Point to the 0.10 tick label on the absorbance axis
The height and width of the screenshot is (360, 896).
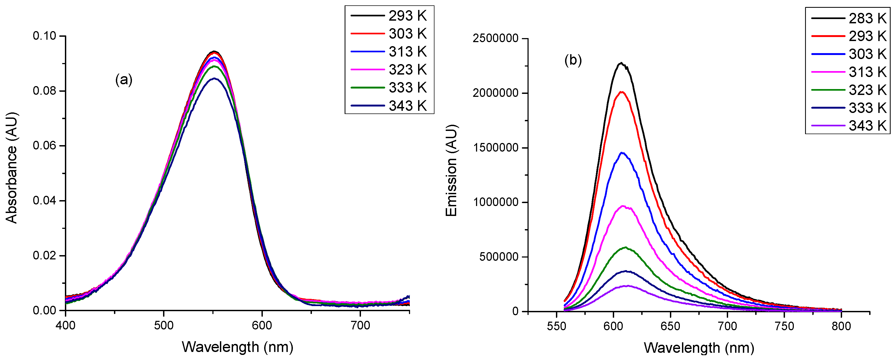(45, 36)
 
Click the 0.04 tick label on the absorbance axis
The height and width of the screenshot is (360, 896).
(45, 201)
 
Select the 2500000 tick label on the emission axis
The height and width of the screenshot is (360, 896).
(496, 38)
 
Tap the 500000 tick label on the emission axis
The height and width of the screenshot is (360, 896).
(499, 257)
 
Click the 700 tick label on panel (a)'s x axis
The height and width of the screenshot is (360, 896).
(360, 326)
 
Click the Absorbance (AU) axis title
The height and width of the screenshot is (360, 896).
(12, 168)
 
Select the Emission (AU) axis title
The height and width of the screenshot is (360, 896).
(451, 170)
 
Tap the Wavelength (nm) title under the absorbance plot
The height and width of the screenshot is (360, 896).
(238, 347)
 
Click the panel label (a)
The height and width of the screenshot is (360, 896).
(124, 80)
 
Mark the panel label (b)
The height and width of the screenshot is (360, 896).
(573, 61)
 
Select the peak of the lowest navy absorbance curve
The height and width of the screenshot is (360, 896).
(215, 79)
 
